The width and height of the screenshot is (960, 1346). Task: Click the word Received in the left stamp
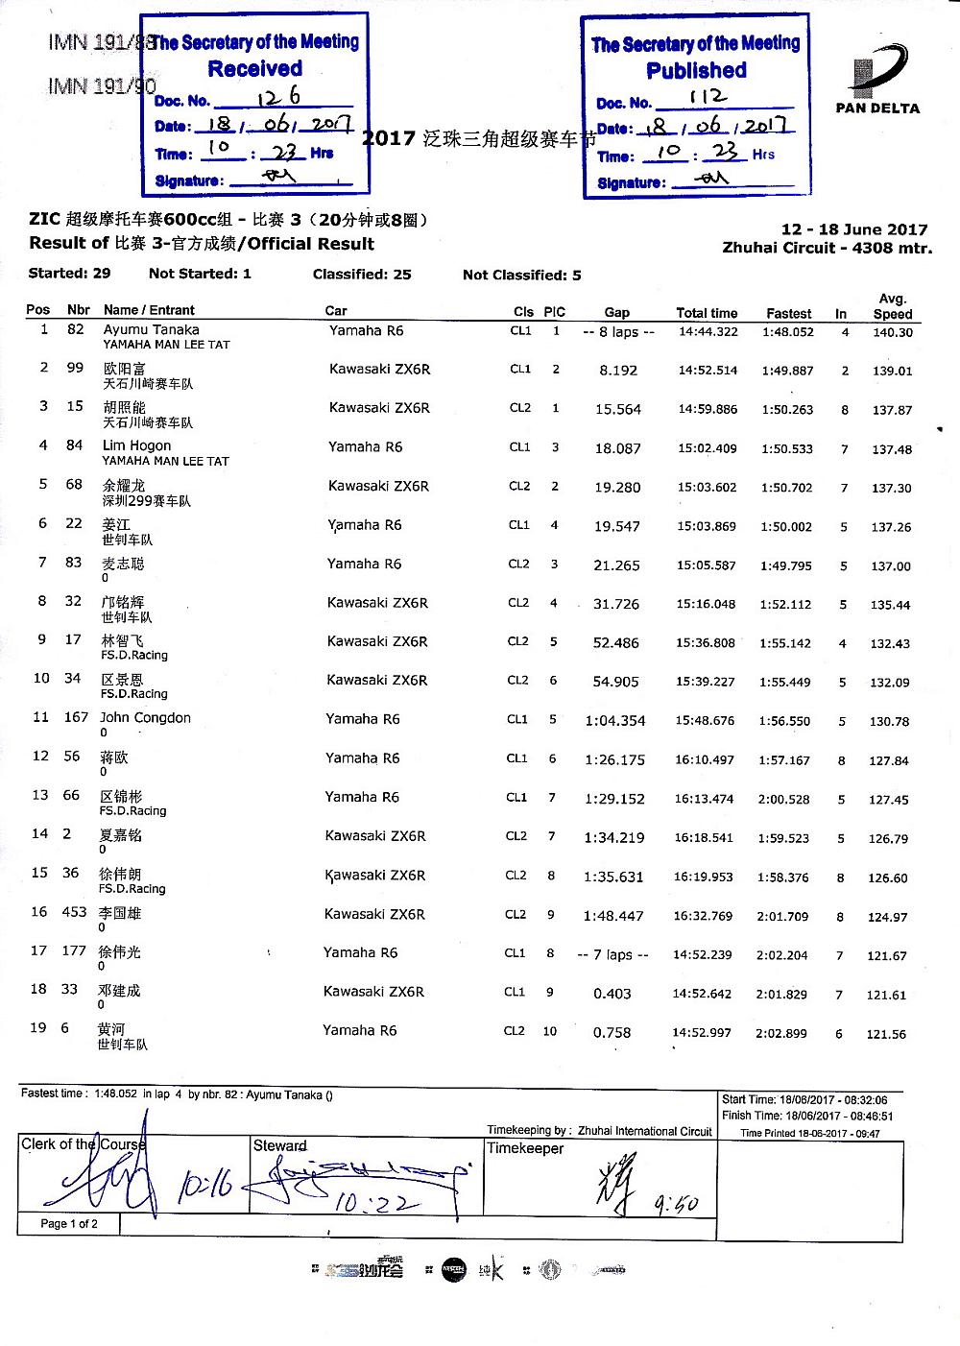coord(254,69)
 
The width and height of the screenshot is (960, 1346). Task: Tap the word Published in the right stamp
coord(696,71)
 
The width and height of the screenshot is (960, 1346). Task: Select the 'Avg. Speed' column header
coord(892,306)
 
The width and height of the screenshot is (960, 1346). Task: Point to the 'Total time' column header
coord(707,313)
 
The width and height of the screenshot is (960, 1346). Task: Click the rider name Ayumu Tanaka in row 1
coord(151,329)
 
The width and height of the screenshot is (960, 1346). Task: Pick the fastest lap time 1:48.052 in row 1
coord(788,332)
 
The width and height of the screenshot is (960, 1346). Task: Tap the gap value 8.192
coord(617,370)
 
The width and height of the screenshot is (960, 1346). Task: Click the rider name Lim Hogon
coord(136,445)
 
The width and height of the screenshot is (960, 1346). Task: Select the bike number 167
coord(76,717)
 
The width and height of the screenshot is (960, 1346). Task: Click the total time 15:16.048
coord(706,604)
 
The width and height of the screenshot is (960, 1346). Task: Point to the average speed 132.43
coord(890,643)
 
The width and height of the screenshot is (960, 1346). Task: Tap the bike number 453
coord(74,912)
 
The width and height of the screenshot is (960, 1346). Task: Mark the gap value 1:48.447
coord(613,916)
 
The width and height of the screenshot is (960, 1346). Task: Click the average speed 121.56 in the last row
coord(886,1034)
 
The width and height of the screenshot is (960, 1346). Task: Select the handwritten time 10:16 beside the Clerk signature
coord(204,1186)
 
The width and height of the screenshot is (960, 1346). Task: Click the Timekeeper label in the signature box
coord(525,1148)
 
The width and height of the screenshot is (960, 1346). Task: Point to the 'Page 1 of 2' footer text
coord(69,1224)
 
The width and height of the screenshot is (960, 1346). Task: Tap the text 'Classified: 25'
coord(362,275)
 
